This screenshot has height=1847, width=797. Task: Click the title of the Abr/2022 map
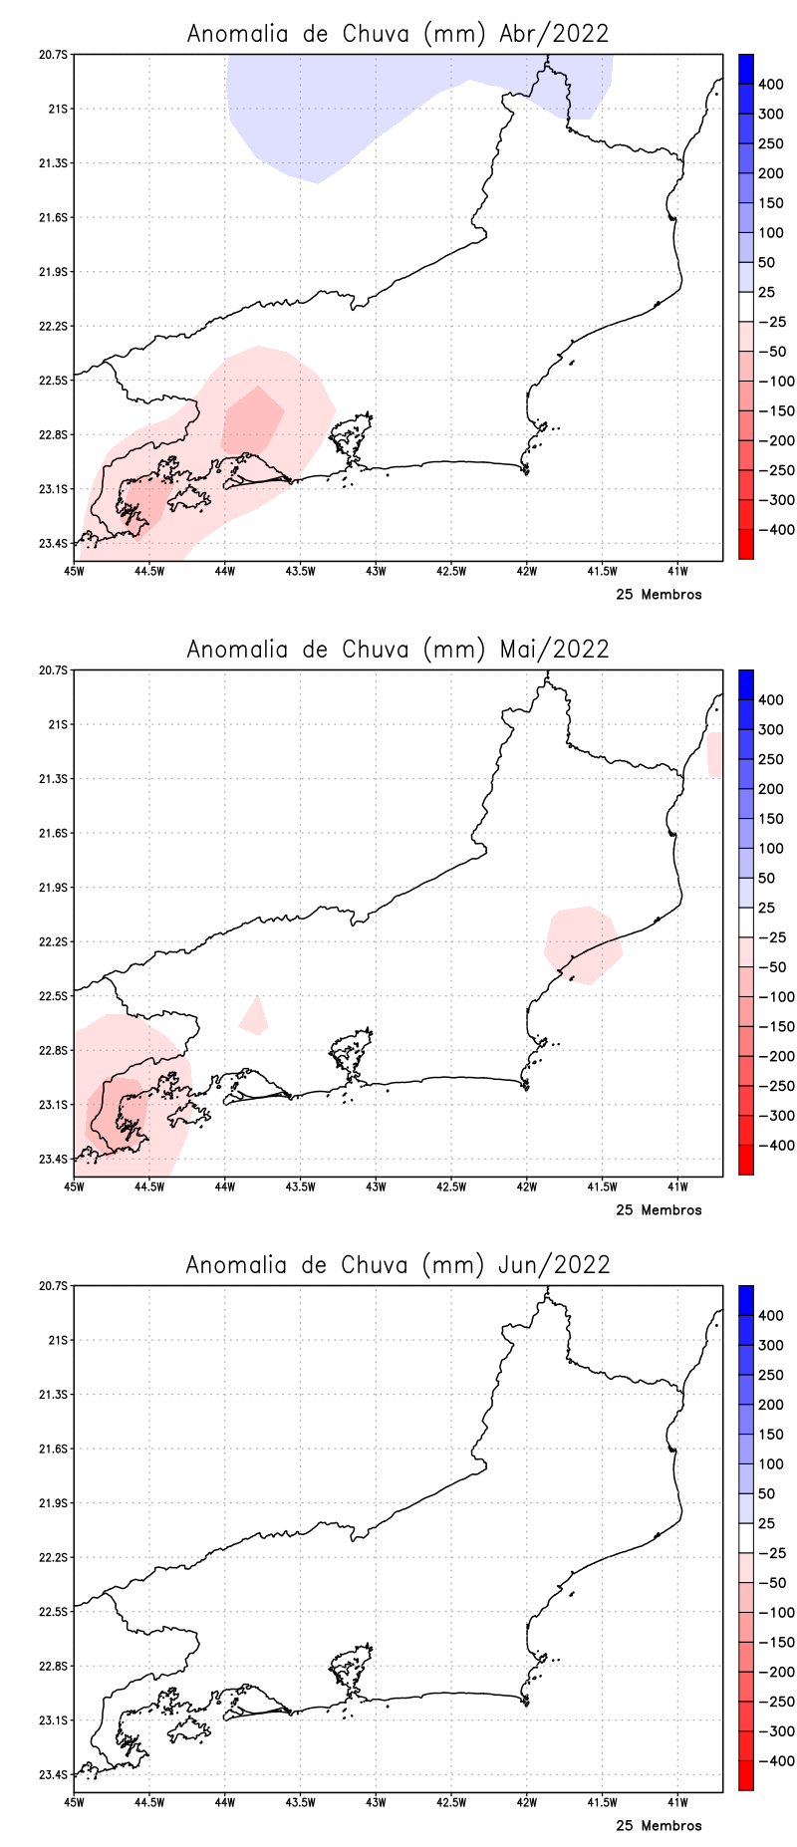click(398, 33)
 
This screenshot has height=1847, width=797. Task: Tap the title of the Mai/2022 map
click(398, 649)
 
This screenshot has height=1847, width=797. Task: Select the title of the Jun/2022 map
click(398, 1264)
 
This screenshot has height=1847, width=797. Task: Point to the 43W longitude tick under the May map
click(376, 1187)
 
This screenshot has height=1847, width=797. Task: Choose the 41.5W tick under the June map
click(602, 1802)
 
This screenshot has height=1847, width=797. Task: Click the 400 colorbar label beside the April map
click(770, 85)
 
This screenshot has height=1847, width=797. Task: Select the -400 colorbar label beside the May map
click(776, 1146)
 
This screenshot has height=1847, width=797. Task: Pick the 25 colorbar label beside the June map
click(766, 1523)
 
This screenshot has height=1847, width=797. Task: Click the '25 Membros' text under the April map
click(659, 595)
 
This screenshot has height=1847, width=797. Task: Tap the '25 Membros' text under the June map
click(659, 1826)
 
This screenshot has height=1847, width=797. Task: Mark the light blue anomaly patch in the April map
click(329, 110)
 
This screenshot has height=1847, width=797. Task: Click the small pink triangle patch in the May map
click(255, 1017)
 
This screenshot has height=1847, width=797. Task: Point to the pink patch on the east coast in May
click(584, 941)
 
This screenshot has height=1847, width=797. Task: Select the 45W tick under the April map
click(74, 571)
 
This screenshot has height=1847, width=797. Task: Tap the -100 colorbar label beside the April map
click(776, 382)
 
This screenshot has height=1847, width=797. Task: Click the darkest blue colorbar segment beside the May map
click(745, 684)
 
